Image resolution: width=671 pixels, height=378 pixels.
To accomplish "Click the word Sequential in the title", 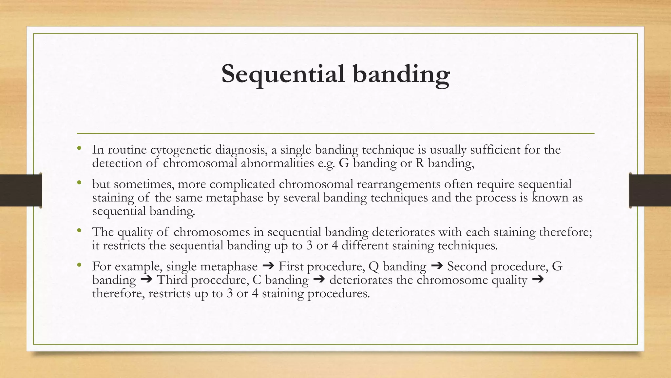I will pyautogui.click(x=283, y=74).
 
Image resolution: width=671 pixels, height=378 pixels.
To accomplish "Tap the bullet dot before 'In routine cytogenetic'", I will pyautogui.click(x=79, y=149).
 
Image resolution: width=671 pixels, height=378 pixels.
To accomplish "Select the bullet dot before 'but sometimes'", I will pyautogui.click(x=79, y=183).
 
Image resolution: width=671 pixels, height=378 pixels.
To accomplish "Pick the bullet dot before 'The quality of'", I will pyautogui.click(x=79, y=231).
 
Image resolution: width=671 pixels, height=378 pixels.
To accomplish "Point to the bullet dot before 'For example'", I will pyautogui.click(x=79, y=265).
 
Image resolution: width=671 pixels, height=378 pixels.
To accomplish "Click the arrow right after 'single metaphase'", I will pyautogui.click(x=268, y=266).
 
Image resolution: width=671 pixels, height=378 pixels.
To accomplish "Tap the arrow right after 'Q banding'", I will pyautogui.click(x=437, y=266).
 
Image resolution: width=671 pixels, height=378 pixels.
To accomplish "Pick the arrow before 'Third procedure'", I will pyautogui.click(x=146, y=280).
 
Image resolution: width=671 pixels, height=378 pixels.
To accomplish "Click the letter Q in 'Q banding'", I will pyautogui.click(x=374, y=266).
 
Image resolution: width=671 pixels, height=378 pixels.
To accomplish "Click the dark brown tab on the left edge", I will pyautogui.click(x=21, y=190).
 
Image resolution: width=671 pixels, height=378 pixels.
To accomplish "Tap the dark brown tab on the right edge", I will pyautogui.click(x=650, y=190).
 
